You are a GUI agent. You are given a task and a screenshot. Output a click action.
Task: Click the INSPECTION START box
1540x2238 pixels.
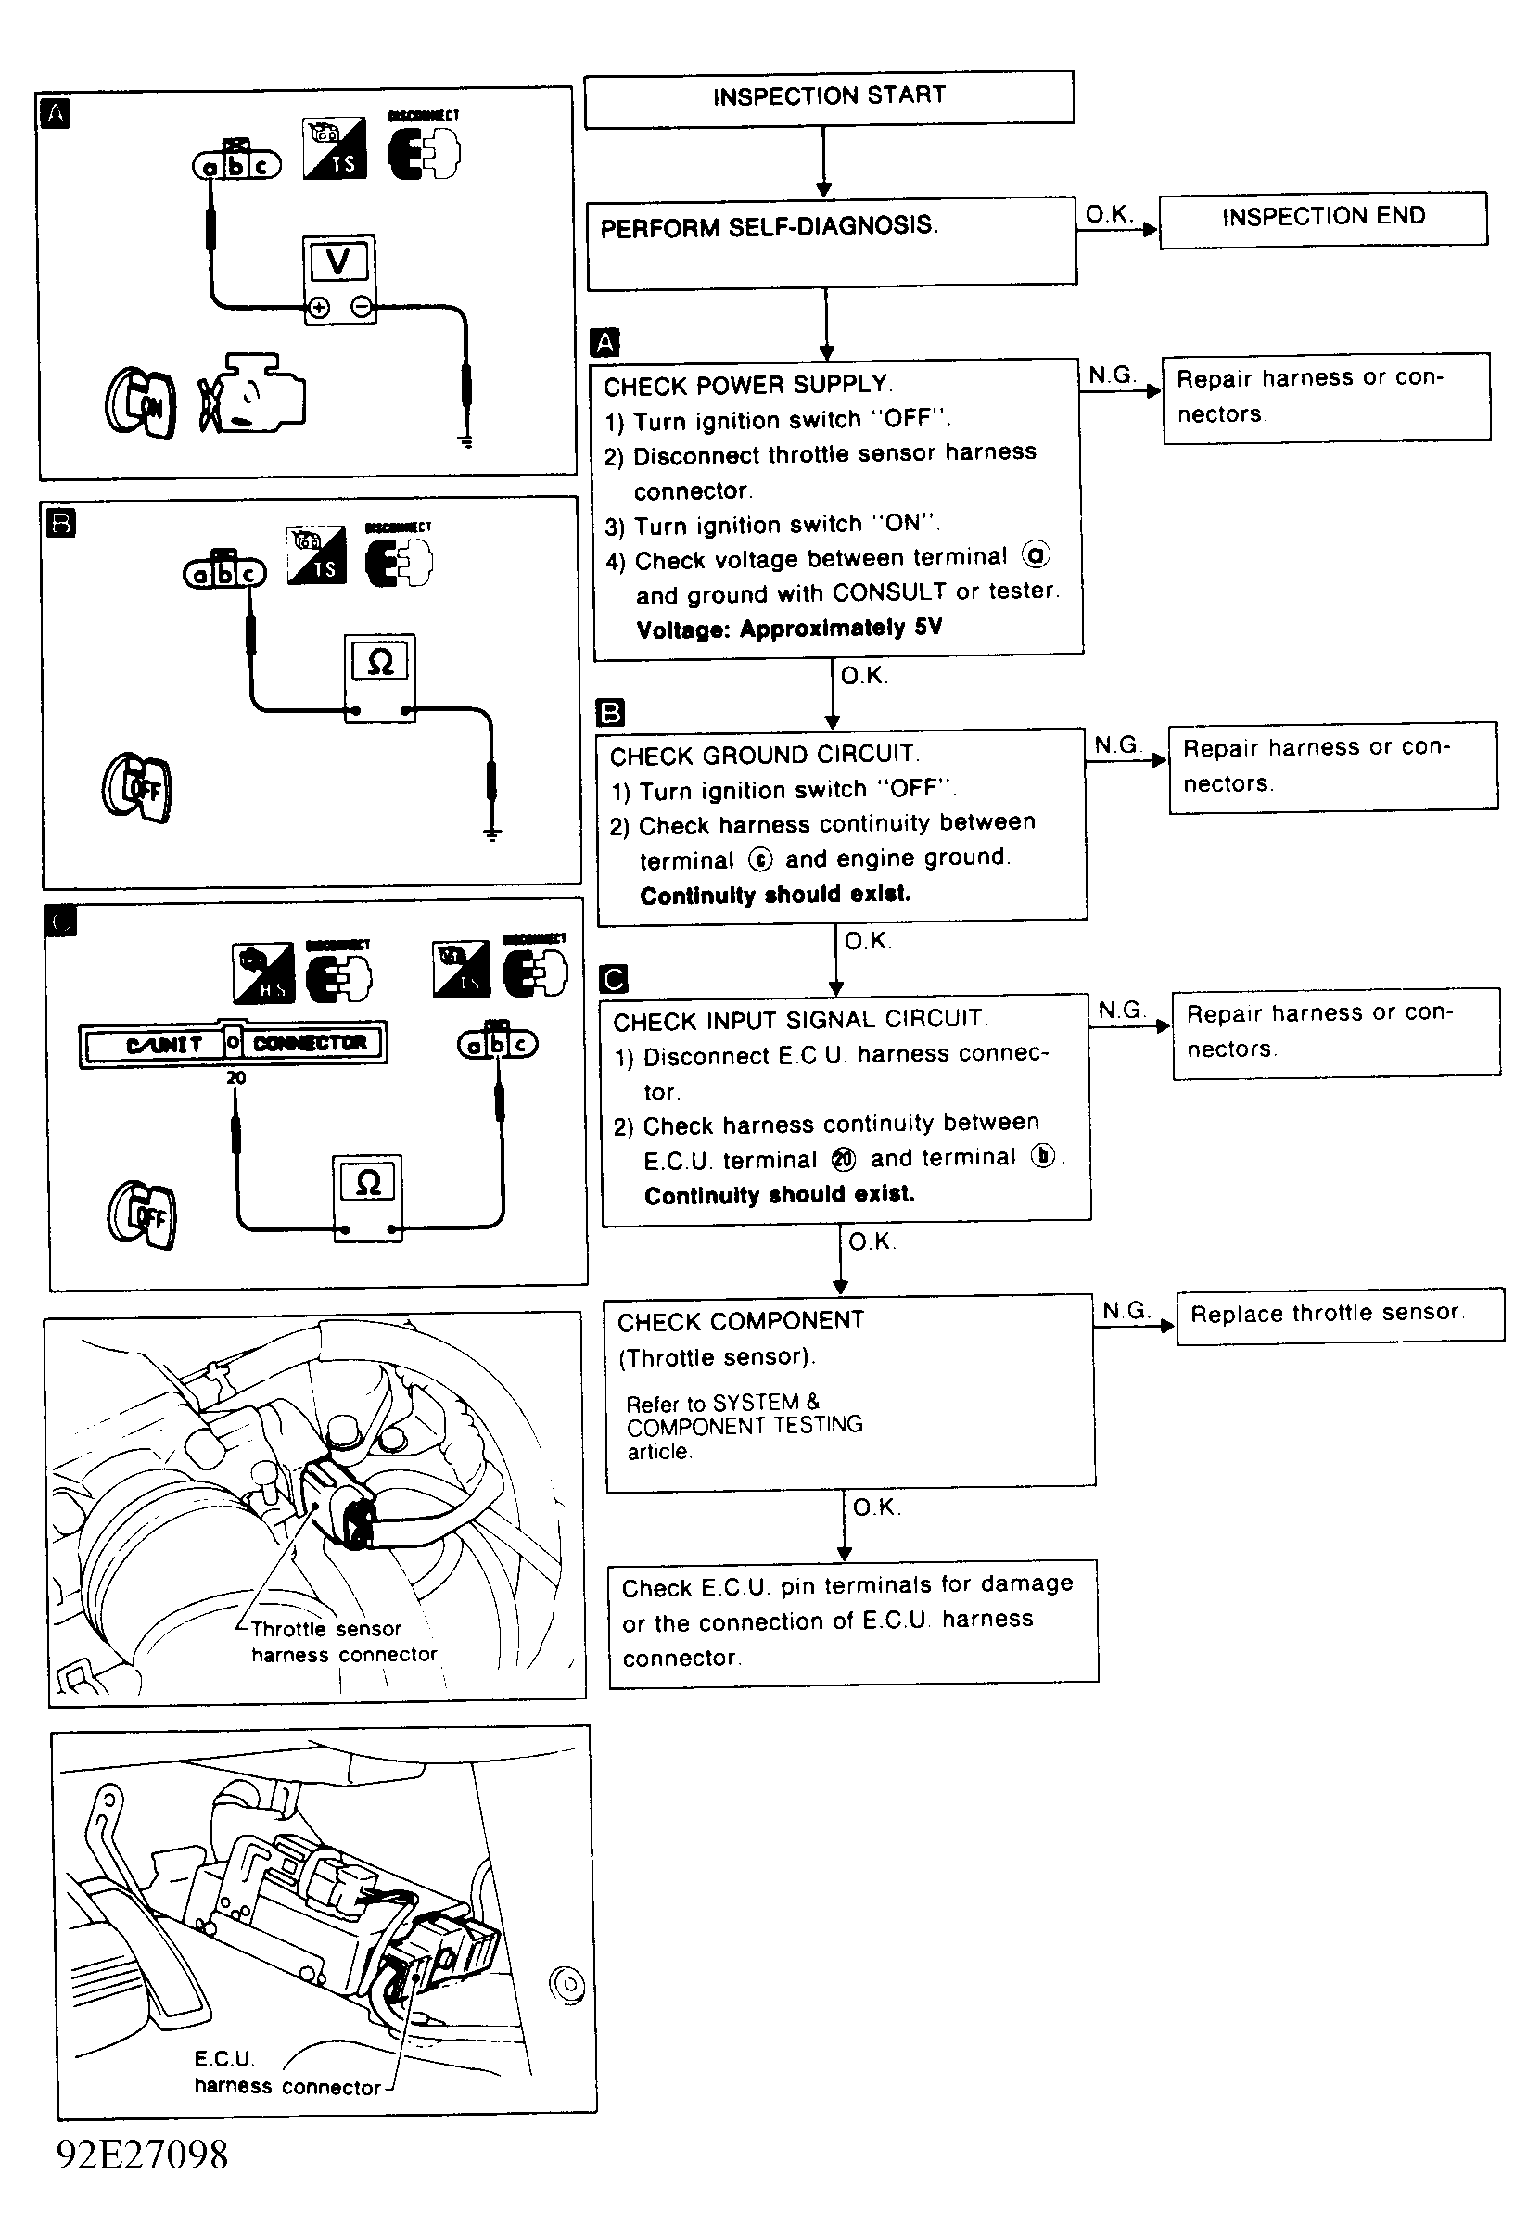[x=829, y=96]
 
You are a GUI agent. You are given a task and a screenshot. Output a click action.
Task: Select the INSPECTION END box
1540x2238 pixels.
[x=1323, y=217]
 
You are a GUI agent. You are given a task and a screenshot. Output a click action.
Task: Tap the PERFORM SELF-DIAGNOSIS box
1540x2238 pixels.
[x=832, y=241]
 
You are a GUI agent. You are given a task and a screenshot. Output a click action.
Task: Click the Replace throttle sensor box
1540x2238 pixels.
[x=1340, y=1314]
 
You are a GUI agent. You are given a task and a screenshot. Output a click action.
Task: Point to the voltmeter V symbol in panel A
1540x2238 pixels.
[x=337, y=261]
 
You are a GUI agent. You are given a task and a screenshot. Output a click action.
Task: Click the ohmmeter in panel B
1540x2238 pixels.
[x=380, y=677]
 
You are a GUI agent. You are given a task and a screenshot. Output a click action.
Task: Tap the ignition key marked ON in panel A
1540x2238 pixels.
[x=142, y=402]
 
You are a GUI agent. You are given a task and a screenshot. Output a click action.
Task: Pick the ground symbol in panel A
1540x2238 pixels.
[x=465, y=441]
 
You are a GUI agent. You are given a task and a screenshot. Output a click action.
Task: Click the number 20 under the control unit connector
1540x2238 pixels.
[x=236, y=1077]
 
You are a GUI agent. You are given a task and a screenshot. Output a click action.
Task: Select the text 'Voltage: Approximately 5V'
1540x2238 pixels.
[x=788, y=629]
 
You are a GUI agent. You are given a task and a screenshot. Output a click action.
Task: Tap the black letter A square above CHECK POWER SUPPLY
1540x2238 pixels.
[x=604, y=342]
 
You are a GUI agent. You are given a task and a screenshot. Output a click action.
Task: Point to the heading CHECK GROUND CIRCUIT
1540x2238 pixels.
[x=763, y=755]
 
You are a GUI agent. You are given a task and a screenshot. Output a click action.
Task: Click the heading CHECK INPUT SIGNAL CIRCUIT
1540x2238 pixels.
[x=800, y=1020]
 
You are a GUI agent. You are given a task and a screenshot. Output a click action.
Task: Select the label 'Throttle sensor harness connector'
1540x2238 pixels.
[x=343, y=1642]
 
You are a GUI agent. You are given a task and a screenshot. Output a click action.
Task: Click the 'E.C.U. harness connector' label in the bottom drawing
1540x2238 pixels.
[x=286, y=2073]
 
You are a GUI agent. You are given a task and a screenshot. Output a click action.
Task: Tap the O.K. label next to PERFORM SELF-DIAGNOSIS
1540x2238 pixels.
[x=1109, y=213]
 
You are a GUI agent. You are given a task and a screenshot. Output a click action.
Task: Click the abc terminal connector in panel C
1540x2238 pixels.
[x=498, y=1044]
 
